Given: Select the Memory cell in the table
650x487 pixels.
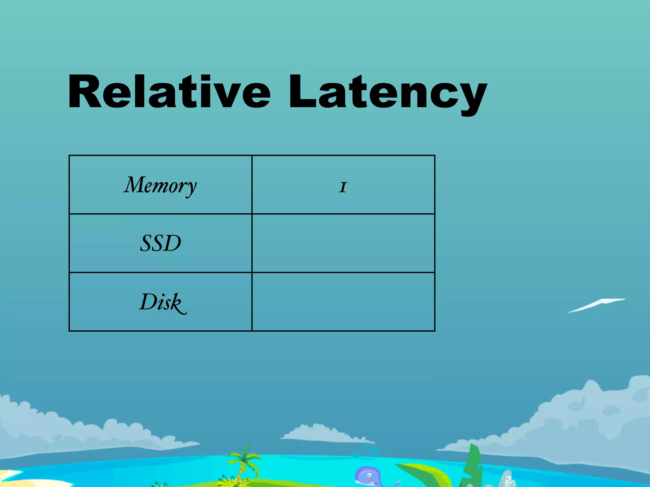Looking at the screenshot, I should coord(160,185).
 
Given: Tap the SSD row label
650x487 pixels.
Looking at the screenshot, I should coord(160,243).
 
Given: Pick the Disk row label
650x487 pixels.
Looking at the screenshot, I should coord(162,302).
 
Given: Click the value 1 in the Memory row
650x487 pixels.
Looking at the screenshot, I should coord(343,187).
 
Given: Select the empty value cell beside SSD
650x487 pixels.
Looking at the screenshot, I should coord(343,243).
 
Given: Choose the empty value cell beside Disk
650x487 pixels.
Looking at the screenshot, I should coord(343,302).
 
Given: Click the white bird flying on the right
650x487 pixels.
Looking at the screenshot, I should coord(597,305).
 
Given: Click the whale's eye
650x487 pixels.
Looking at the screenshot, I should coord(369,475).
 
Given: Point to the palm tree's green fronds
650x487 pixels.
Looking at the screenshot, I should coord(244,457).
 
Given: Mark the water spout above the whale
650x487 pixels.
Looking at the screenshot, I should coord(367,450).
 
